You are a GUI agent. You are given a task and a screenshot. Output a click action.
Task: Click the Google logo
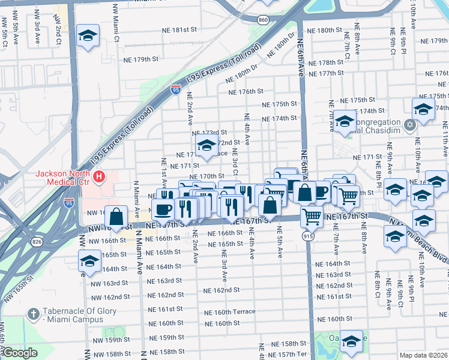point(20,353)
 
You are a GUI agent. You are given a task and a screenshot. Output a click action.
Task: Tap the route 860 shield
point(263,20)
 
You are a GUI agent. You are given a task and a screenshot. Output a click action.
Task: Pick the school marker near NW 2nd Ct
point(88,35)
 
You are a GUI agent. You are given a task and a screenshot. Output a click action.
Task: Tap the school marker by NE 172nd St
point(206,146)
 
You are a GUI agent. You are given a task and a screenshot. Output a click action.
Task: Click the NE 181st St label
point(182,29)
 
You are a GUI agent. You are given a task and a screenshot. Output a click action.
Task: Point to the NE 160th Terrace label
point(230,311)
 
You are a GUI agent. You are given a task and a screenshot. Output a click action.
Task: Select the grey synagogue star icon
point(411,125)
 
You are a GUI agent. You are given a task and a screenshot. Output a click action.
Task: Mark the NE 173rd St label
point(208,133)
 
